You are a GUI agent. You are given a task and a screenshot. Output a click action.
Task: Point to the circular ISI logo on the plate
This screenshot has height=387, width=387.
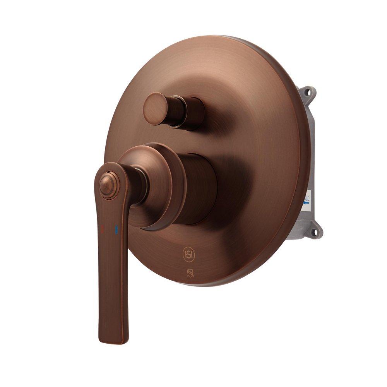188,254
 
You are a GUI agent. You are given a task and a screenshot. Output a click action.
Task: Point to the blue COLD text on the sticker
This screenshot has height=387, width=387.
307,192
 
